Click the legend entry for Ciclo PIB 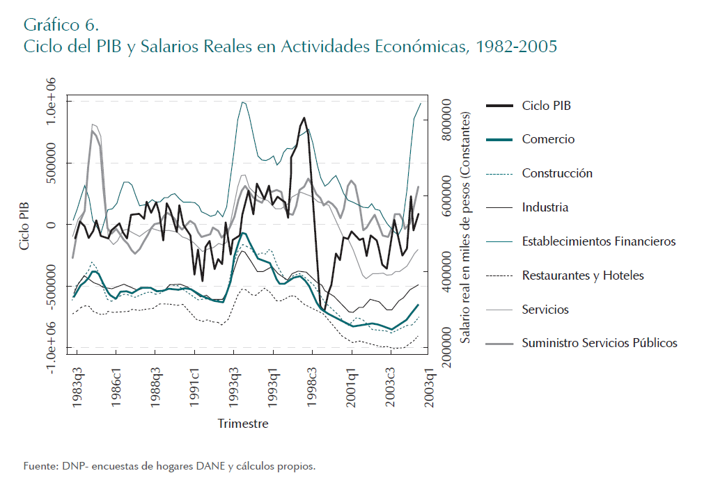click(547, 106)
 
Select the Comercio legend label click(548, 139)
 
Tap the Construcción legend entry click(557, 173)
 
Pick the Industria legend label click(545, 207)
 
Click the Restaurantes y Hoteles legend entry click(583, 275)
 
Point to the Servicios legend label click(545, 310)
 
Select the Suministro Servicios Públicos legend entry click(600, 343)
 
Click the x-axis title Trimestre click(242, 424)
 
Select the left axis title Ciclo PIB click(25, 225)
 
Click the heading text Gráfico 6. click(61, 26)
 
